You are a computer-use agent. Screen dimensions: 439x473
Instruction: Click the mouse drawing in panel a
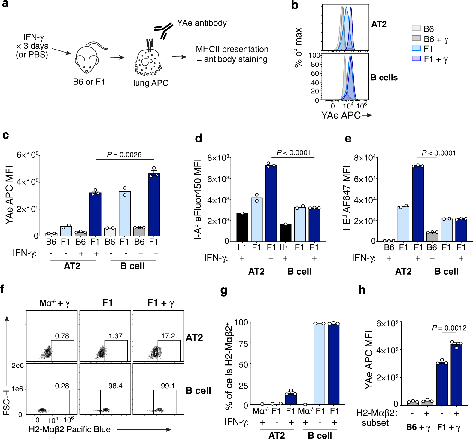[88, 59]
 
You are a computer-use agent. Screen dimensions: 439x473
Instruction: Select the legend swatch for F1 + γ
[416, 59]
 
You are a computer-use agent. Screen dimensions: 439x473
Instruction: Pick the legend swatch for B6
[416, 29]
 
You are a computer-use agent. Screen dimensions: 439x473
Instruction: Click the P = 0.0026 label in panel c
[124, 155]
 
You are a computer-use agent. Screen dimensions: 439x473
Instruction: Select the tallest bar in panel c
[154, 204]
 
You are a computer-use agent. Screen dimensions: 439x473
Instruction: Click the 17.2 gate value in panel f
[168, 336]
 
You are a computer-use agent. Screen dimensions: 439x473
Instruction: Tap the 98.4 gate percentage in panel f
[115, 386]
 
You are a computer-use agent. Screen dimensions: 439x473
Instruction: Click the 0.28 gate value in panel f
[62, 386]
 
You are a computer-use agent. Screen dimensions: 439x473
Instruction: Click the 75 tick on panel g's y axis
[243, 343]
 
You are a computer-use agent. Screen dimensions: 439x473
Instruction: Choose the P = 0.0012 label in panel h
[449, 328]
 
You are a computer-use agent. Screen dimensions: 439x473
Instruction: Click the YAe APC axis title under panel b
[341, 115]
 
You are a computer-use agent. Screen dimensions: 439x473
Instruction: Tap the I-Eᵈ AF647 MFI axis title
[347, 198]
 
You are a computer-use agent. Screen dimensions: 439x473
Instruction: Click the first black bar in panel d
[242, 227]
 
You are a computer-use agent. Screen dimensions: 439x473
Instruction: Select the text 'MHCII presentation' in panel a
[232, 49]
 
